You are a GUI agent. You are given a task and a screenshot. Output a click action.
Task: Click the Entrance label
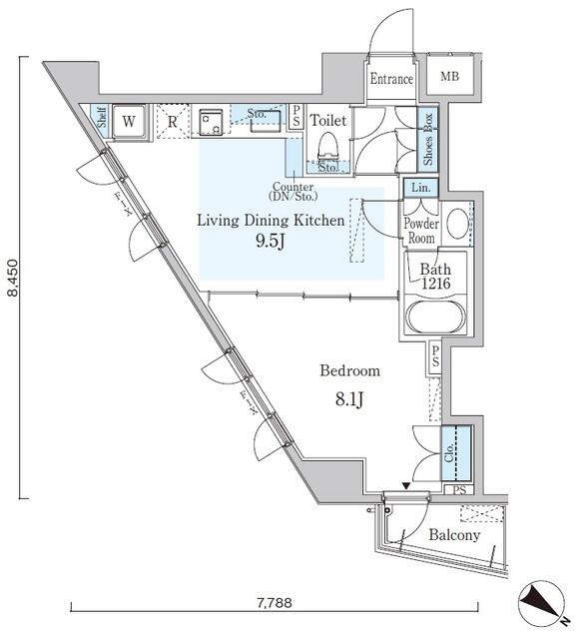click(391, 80)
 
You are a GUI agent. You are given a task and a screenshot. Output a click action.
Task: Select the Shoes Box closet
click(427, 139)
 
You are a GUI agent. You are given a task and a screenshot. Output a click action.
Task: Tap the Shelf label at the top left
click(101, 119)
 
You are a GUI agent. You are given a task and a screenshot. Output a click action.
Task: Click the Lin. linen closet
click(419, 187)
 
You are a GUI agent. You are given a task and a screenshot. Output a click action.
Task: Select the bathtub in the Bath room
click(433, 321)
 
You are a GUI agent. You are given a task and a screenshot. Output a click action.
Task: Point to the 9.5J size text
click(272, 241)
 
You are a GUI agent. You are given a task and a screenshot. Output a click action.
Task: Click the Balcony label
click(454, 535)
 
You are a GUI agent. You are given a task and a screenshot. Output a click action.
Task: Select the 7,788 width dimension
click(275, 602)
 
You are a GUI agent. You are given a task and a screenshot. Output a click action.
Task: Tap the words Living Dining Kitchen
click(271, 220)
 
